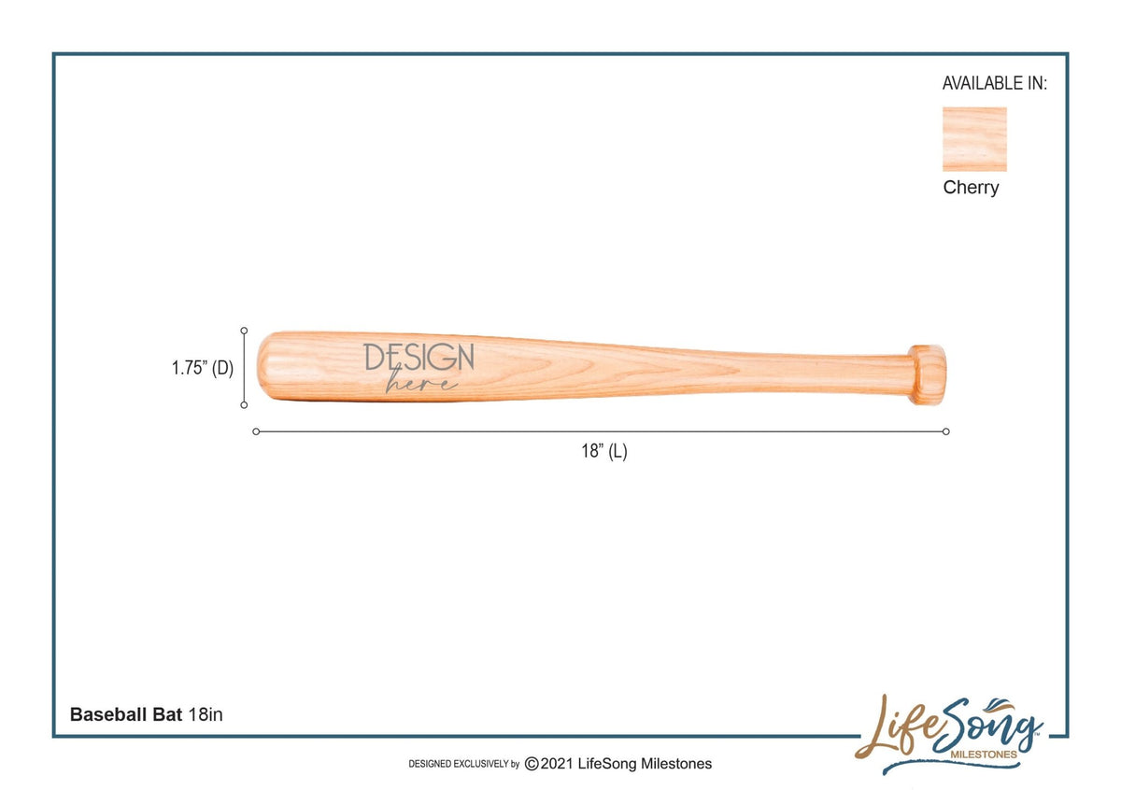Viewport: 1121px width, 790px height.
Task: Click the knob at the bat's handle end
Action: tap(928, 374)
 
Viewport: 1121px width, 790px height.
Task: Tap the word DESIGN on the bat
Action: tap(419, 357)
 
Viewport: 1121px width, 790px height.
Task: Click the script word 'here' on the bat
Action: tap(422, 383)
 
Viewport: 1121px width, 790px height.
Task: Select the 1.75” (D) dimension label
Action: tap(202, 368)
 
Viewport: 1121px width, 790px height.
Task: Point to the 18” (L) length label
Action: tap(603, 452)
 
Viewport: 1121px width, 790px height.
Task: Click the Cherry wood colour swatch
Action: tap(974, 139)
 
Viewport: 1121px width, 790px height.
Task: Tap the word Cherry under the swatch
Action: tap(971, 188)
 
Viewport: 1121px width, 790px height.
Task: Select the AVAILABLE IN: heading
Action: tap(994, 83)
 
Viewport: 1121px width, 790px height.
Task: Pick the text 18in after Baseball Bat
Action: tap(206, 714)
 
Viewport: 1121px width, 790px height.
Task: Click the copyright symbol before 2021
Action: tap(532, 764)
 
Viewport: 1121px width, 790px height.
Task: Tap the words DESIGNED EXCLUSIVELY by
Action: tap(463, 765)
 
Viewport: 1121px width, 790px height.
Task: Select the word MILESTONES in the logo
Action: tap(983, 754)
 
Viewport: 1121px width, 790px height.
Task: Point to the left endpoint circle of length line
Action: tap(256, 431)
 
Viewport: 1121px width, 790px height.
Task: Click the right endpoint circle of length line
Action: tap(946, 431)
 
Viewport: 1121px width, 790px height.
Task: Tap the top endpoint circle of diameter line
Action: tap(244, 331)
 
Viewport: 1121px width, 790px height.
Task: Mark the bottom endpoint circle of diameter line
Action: tap(244, 404)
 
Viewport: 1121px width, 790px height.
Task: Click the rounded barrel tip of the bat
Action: tap(265, 367)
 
